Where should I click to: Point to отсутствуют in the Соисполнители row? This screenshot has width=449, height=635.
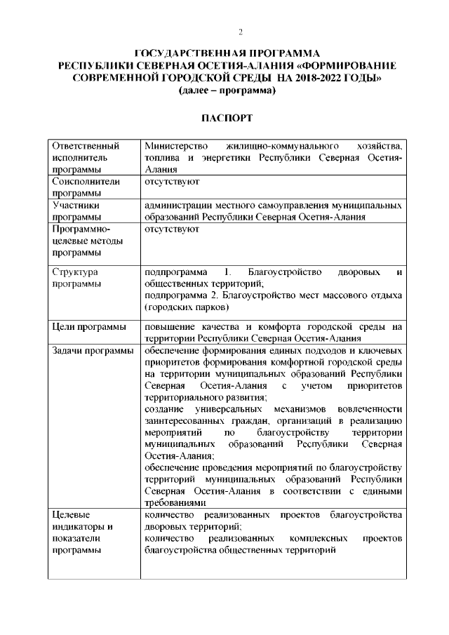[x=172, y=181]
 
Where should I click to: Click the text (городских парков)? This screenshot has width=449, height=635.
[x=186, y=308]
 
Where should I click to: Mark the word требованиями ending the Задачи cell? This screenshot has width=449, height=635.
[x=175, y=502]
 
